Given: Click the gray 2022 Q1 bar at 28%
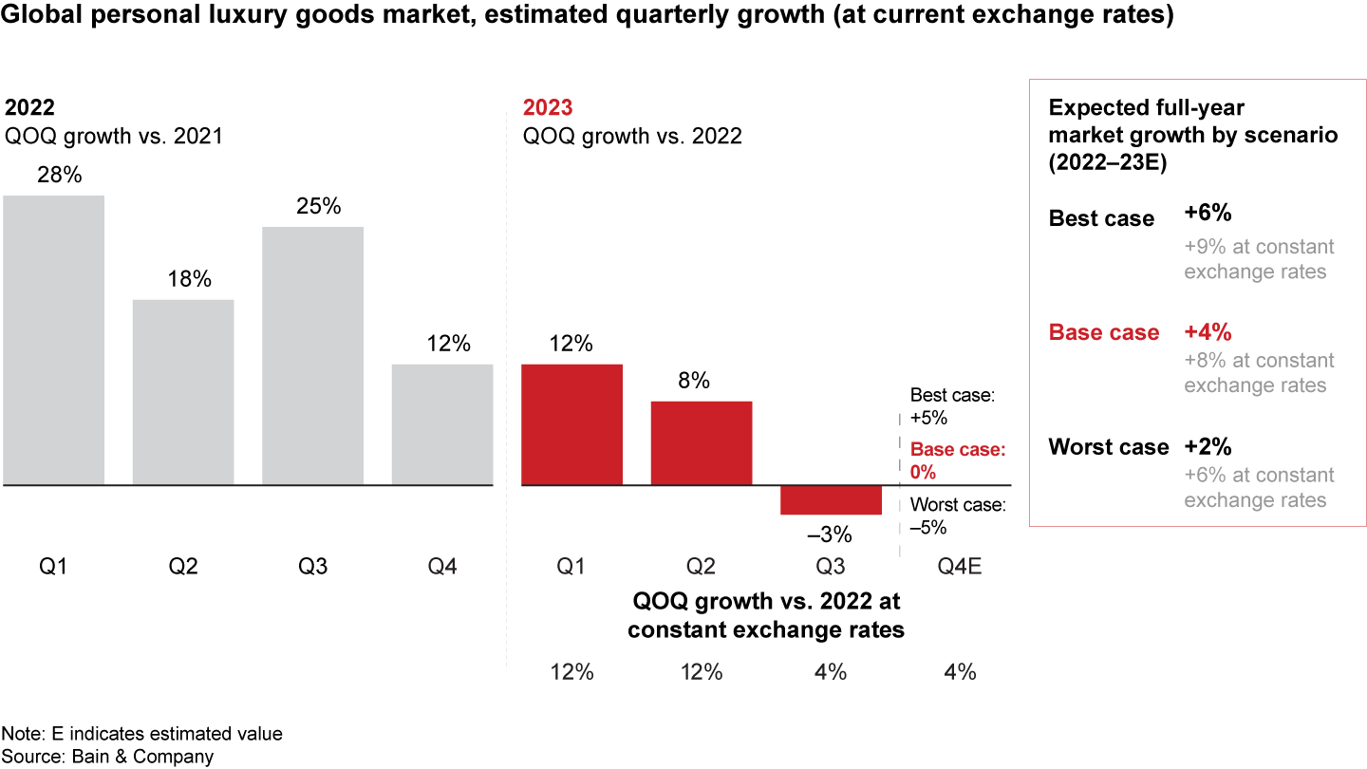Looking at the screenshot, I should (x=53, y=340).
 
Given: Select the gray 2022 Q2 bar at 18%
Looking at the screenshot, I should (x=183, y=392).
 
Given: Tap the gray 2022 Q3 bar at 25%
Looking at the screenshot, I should (x=312, y=356).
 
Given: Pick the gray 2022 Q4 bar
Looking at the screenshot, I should (x=442, y=424).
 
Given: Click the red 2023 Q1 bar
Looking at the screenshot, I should (x=572, y=424).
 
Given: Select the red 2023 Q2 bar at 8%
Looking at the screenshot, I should (x=702, y=442).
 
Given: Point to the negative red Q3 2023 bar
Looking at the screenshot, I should (x=831, y=500).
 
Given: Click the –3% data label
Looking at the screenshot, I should (x=831, y=535).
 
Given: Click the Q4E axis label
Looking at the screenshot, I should (x=960, y=567).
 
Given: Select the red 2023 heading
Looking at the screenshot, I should (x=548, y=107).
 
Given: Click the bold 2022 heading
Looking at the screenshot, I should (x=29, y=107).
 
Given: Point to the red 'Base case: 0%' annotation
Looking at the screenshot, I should (x=957, y=460).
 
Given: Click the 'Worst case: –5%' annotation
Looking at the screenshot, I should (x=957, y=516).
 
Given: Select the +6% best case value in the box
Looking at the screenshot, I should (x=1208, y=214).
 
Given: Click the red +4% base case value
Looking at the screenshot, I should (x=1208, y=332).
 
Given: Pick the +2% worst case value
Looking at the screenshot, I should (x=1208, y=446).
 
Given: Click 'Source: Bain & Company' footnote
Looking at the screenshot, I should (x=107, y=757).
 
